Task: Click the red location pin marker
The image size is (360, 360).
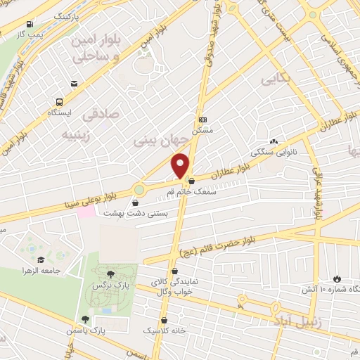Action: [x=181, y=166]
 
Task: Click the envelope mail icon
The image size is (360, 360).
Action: [x=75, y=84]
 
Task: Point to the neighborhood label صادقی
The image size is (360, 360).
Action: [x=101, y=112]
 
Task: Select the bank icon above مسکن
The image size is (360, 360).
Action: [x=202, y=120]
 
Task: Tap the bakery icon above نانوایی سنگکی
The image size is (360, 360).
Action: [x=274, y=141]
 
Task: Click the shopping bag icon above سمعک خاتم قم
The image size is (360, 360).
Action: [x=191, y=181]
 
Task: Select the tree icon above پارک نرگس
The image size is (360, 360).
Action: [x=110, y=274]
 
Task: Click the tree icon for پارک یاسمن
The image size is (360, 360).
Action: [x=85, y=319]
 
